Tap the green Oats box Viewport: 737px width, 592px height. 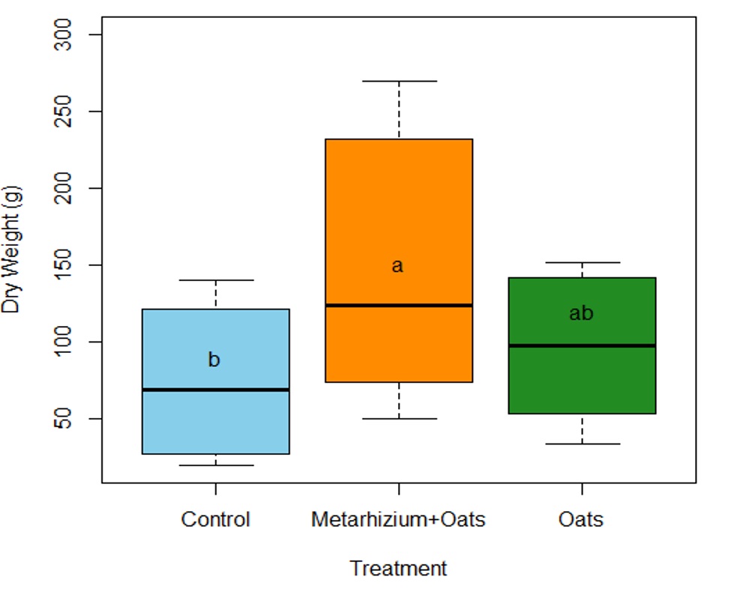[x=581, y=382]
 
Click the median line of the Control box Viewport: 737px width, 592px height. [x=216, y=390]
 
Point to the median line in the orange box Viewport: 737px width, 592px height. [x=398, y=305]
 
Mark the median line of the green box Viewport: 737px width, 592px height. [x=581, y=345]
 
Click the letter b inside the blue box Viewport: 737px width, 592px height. [x=214, y=360]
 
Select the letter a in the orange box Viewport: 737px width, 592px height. [x=397, y=266]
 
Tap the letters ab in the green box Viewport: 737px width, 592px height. [x=581, y=313]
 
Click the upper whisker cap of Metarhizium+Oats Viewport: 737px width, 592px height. [x=398, y=81]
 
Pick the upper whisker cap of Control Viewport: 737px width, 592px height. [x=216, y=280]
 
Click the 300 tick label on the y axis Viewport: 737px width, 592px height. [x=73, y=35]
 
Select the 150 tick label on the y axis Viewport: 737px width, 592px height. [x=73, y=265]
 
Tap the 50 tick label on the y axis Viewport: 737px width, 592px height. [x=73, y=418]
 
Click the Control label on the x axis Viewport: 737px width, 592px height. [x=216, y=519]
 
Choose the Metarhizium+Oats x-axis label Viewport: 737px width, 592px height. [x=398, y=519]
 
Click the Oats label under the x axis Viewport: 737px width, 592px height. [x=581, y=519]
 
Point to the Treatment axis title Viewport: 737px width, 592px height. [x=398, y=569]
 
